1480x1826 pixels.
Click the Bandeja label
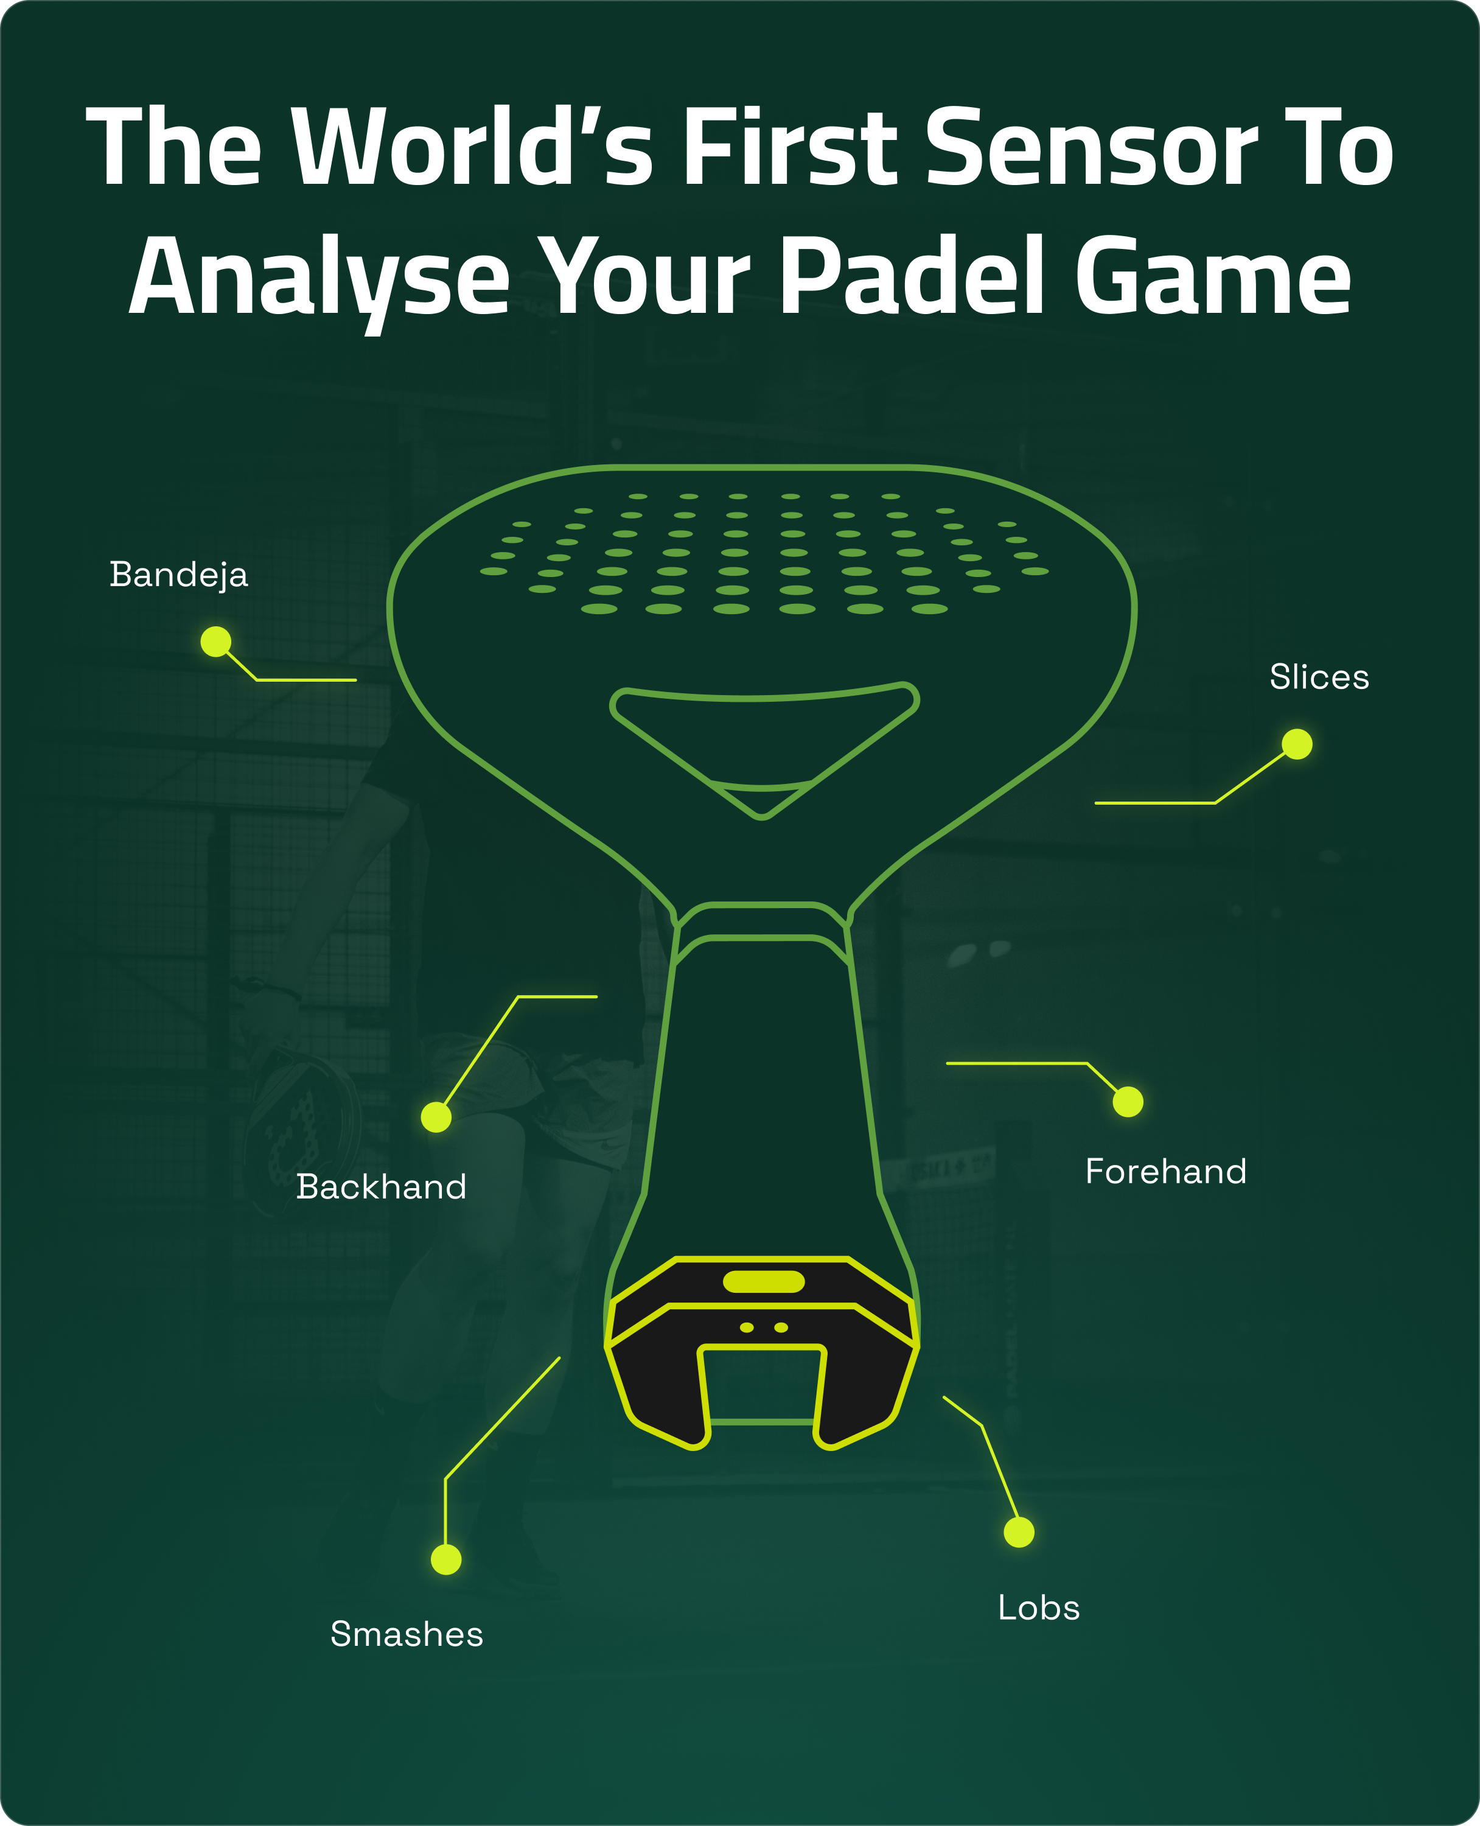click(x=179, y=575)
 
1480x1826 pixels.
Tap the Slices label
click(x=1319, y=677)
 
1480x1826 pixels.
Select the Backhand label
click(x=381, y=1187)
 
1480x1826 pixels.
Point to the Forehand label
click(x=1165, y=1171)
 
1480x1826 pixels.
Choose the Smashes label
click(x=407, y=1634)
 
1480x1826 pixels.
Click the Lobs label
click(x=1038, y=1607)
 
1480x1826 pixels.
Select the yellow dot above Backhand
click(x=436, y=1118)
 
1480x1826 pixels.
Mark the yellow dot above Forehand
click(x=1128, y=1102)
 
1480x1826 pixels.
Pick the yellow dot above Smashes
click(x=446, y=1560)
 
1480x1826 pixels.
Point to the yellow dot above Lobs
click(x=1019, y=1533)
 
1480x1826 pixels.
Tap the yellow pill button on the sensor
click(x=764, y=1281)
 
